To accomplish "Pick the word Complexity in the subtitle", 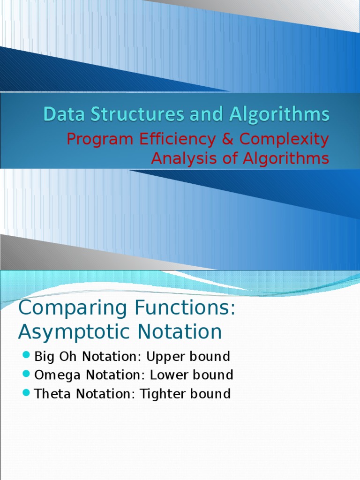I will (284, 139).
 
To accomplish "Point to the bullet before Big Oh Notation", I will (26, 355).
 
